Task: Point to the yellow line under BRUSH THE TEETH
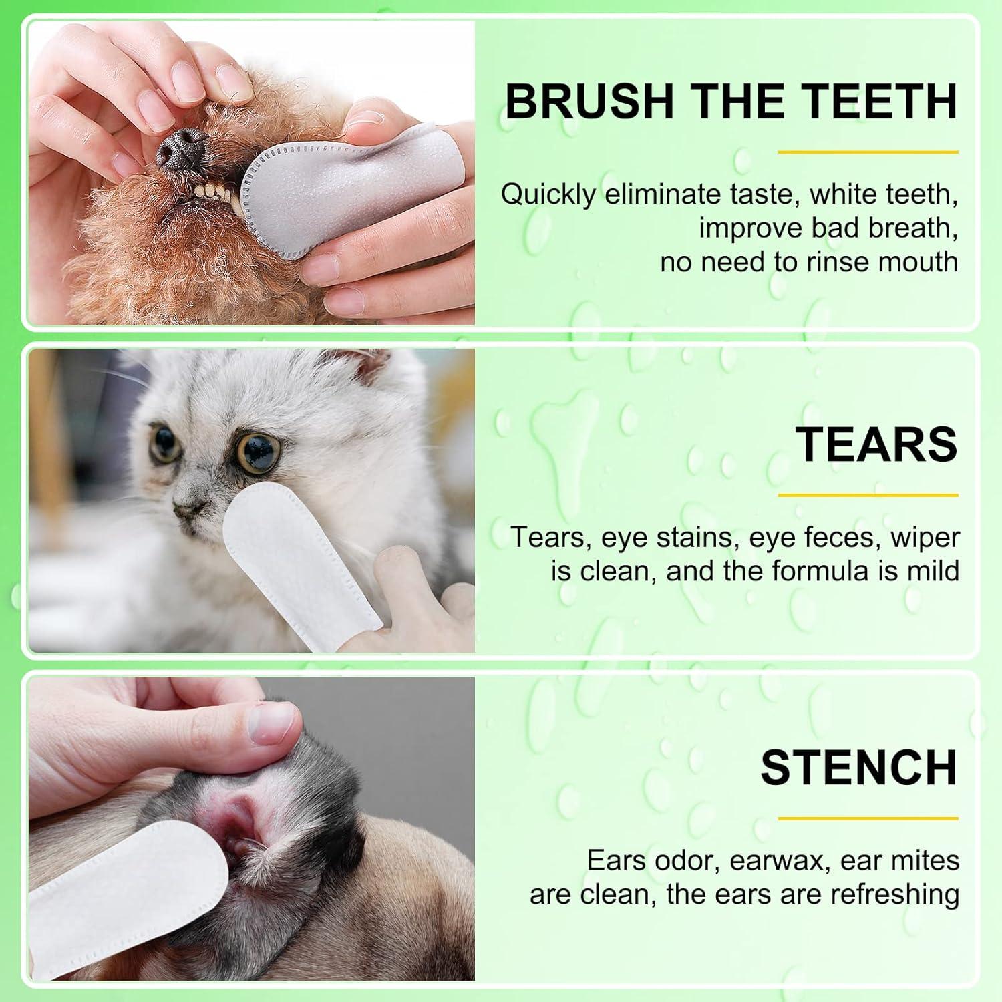868,152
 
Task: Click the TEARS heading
876,444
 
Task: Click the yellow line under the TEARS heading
868,496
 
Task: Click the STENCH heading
858,768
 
